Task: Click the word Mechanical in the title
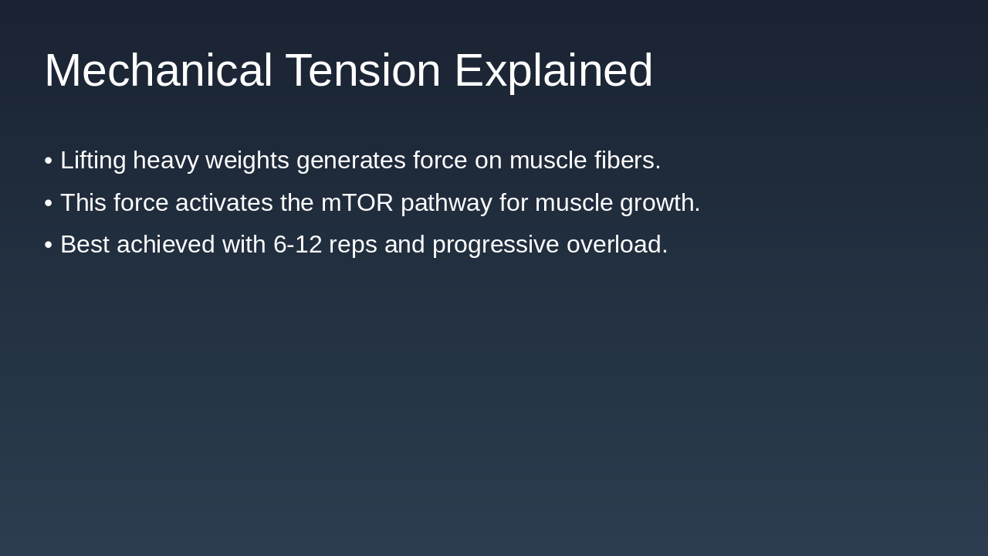158,71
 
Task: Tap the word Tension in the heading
363,71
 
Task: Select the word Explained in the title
553,71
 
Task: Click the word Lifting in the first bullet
93,161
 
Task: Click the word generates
350,161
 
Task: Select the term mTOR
357,203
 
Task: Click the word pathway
446,203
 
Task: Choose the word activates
224,203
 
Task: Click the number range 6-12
297,245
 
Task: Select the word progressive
496,245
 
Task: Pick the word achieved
166,245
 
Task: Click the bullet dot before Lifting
49,161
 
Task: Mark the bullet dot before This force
49,203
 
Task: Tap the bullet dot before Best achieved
49,245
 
